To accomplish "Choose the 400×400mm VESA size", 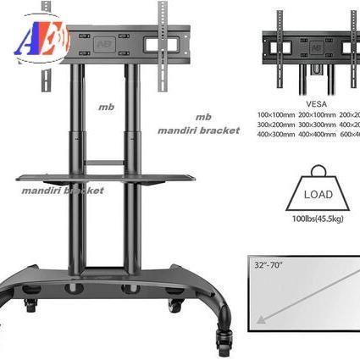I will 315,135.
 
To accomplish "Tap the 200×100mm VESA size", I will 315,114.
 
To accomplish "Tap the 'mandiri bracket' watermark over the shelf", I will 64,191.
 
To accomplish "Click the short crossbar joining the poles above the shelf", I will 107,162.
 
